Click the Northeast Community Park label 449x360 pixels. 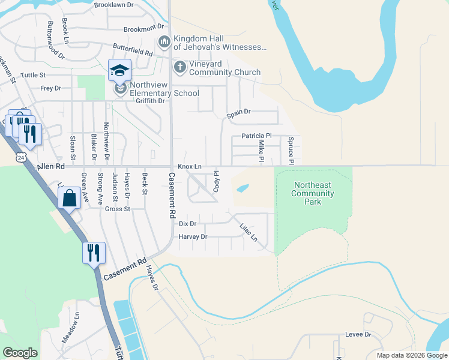click(x=312, y=194)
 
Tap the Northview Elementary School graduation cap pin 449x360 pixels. click(x=119, y=71)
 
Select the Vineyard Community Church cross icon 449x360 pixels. click(x=179, y=67)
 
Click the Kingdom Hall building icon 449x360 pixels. click(x=163, y=42)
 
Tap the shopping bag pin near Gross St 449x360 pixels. click(x=70, y=197)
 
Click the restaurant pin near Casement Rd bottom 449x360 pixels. click(x=94, y=253)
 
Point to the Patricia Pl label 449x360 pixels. click(x=257, y=136)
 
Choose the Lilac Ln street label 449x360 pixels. click(x=248, y=233)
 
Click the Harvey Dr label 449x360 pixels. click(x=193, y=237)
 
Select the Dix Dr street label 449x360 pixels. click(x=188, y=223)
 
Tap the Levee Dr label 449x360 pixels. click(x=358, y=334)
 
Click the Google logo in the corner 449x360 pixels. click(x=20, y=353)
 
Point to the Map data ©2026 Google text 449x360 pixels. click(x=411, y=355)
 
